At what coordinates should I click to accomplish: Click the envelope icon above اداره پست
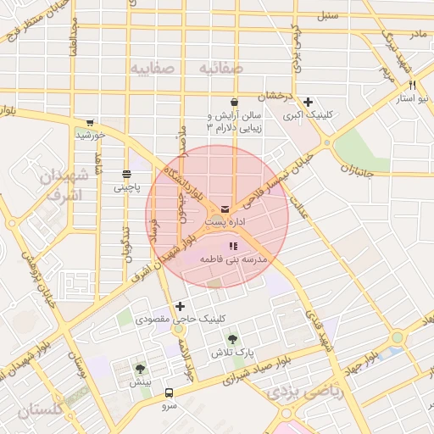(225, 208)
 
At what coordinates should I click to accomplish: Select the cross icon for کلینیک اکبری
(308, 101)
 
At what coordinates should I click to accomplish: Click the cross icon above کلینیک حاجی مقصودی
(179, 306)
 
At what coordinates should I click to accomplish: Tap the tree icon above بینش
(140, 368)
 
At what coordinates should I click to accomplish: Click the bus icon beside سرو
(169, 393)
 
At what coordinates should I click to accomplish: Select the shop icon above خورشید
(89, 122)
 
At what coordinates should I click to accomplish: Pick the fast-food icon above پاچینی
(126, 174)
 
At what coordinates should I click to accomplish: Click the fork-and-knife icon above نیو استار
(412, 85)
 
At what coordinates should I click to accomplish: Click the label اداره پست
(225, 221)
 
